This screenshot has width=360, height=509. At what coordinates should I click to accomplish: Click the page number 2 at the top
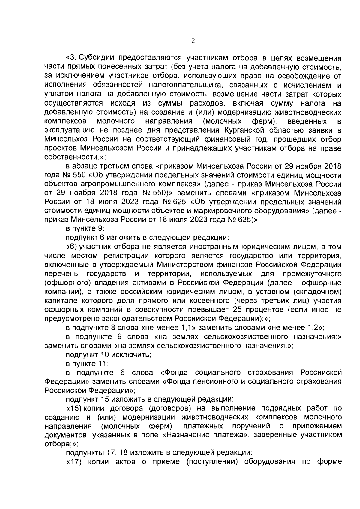(193, 41)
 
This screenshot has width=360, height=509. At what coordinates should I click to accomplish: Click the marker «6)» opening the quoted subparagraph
(72, 247)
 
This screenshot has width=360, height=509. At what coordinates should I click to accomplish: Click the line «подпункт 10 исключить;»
(108, 354)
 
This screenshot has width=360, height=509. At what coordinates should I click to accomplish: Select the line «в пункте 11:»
(87, 363)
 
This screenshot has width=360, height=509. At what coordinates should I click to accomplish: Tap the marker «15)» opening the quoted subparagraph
(73, 408)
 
